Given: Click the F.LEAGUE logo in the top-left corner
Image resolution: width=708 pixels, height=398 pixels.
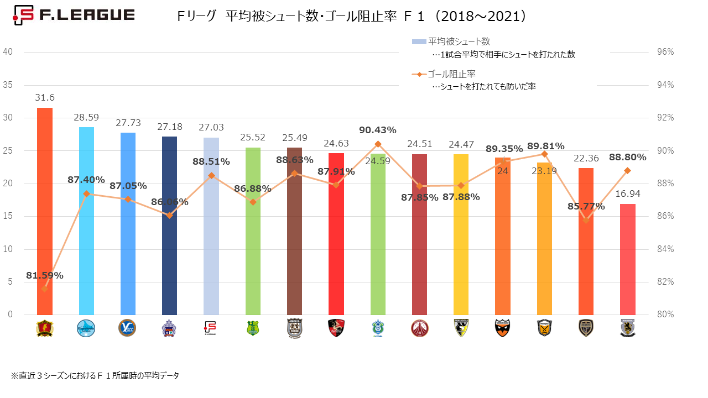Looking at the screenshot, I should click(74, 15).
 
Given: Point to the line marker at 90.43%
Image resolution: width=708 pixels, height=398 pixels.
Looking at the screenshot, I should click(378, 144).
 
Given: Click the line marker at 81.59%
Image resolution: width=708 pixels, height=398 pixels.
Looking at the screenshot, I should click(44, 289).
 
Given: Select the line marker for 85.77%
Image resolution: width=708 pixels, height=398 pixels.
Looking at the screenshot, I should click(586, 220).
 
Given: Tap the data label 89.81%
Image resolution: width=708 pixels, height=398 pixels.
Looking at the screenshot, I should click(546, 146).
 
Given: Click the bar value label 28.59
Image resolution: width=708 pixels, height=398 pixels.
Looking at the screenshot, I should click(86, 118).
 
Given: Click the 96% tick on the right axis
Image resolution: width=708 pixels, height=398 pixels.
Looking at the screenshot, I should click(665, 52).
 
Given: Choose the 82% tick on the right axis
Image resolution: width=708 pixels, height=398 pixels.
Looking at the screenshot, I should click(665, 282).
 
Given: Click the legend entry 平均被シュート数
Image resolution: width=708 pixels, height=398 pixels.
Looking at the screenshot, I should click(459, 41).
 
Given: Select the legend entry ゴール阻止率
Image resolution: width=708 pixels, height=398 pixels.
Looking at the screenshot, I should click(452, 74).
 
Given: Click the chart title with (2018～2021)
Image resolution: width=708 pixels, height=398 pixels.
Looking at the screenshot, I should click(351, 17).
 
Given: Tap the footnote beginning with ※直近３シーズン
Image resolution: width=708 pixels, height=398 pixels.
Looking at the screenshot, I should click(95, 375).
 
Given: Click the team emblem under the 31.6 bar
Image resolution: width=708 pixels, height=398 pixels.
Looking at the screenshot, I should click(44, 328).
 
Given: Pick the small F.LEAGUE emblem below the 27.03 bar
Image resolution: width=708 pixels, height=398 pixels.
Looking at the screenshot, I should click(211, 328).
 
